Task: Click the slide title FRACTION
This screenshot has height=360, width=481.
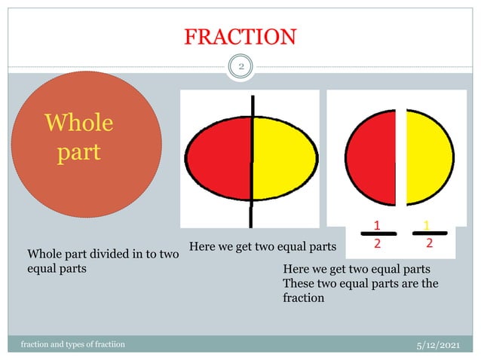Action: (x=240, y=36)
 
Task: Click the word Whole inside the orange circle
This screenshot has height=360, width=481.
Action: (x=79, y=123)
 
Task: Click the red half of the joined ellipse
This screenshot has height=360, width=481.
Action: (x=219, y=162)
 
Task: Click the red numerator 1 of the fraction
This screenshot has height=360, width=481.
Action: (x=377, y=224)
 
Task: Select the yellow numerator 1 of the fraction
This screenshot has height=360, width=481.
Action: (x=427, y=224)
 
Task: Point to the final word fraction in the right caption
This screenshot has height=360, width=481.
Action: (x=303, y=297)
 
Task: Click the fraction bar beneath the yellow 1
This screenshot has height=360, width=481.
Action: (x=429, y=233)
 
